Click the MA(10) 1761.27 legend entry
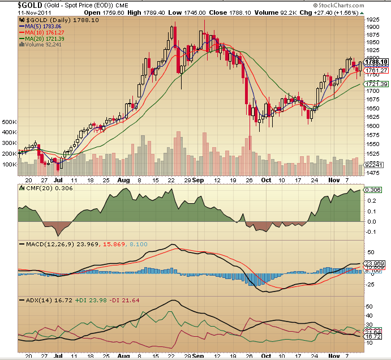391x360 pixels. [48, 32]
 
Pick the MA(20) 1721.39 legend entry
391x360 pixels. [48, 38]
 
